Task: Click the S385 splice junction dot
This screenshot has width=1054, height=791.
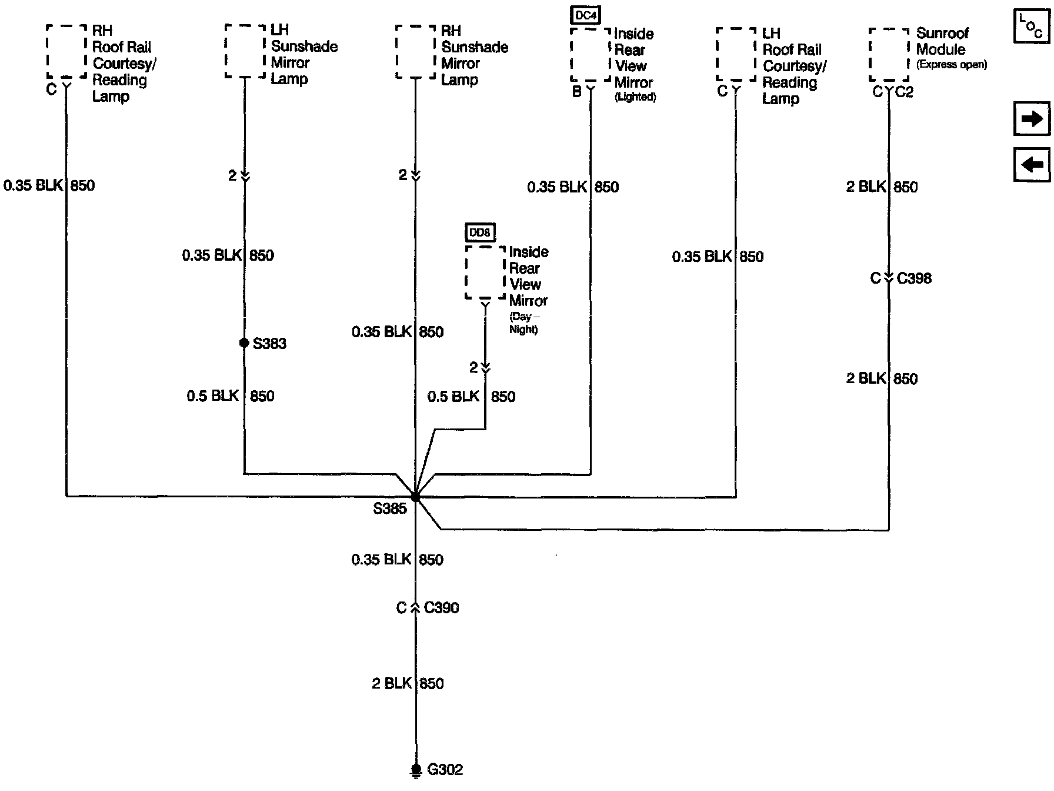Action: click(415, 497)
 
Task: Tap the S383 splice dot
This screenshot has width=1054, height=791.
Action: click(244, 343)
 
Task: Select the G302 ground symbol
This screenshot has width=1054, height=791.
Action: click(416, 770)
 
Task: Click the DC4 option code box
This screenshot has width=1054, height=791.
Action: click(586, 15)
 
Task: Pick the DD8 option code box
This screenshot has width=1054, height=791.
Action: click(479, 233)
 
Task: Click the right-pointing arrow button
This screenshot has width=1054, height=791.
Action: click(1032, 119)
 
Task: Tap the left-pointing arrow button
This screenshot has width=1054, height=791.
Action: click(1032, 164)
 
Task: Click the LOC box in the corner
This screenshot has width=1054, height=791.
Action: click(1032, 27)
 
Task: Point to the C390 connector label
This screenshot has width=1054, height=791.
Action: click(441, 607)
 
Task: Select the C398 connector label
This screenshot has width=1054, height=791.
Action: click(914, 278)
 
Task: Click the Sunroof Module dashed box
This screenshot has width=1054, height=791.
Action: click(889, 54)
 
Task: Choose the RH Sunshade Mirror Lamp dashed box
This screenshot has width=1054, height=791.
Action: click(415, 52)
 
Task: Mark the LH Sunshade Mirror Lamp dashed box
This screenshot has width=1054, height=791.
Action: click(245, 51)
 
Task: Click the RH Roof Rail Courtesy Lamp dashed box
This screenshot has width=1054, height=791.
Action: click(66, 51)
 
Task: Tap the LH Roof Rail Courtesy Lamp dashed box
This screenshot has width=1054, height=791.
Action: click(736, 54)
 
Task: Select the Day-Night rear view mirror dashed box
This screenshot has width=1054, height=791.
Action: click(485, 272)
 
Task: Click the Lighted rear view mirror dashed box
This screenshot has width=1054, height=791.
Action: click(591, 55)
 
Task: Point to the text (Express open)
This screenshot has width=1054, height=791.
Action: click(951, 65)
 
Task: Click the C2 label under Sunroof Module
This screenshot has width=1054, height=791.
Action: click(904, 92)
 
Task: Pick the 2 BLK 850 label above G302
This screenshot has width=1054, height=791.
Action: click(408, 683)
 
